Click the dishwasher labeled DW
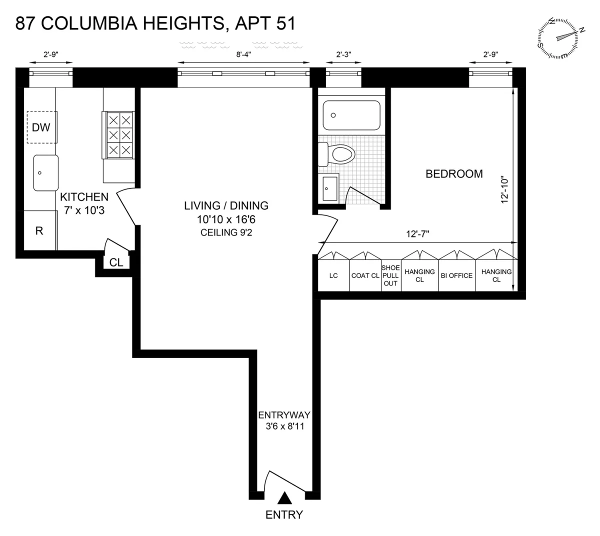pyautogui.click(x=41, y=127)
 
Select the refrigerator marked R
pyautogui.click(x=39, y=230)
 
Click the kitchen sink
pyautogui.click(x=45, y=172)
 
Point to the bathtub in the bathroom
pyautogui.click(x=351, y=115)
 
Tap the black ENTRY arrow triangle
pyautogui.click(x=284, y=497)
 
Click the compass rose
pyautogui.click(x=560, y=38)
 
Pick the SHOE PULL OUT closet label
pyautogui.click(x=390, y=275)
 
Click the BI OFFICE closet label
pyautogui.click(x=456, y=275)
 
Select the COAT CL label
pyautogui.click(x=365, y=275)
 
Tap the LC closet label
pyautogui.click(x=333, y=275)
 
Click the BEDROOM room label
pyautogui.click(x=454, y=174)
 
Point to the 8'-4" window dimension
pyautogui.click(x=243, y=54)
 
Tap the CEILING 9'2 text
pyautogui.click(x=226, y=232)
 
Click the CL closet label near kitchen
pyautogui.click(x=116, y=262)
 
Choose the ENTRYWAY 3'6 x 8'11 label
pyautogui.click(x=284, y=420)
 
